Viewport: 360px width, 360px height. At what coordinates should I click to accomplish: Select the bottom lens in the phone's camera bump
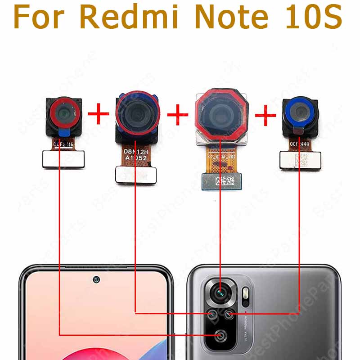point(220,335)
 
